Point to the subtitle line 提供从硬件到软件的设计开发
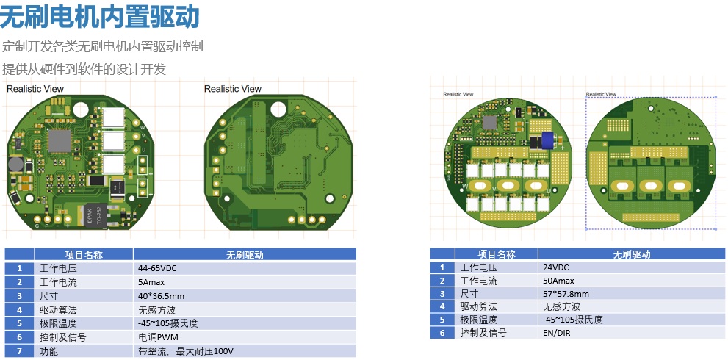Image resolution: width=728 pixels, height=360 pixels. (84, 70)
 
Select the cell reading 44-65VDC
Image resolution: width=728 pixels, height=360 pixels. (157, 268)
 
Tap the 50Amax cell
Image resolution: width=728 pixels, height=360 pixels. (559, 281)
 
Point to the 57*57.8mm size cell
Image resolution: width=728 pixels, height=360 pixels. (566, 294)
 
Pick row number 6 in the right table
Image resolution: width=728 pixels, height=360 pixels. (442, 333)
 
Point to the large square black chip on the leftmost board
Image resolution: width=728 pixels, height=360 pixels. (58, 138)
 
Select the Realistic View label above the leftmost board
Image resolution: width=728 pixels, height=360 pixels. (35, 89)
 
